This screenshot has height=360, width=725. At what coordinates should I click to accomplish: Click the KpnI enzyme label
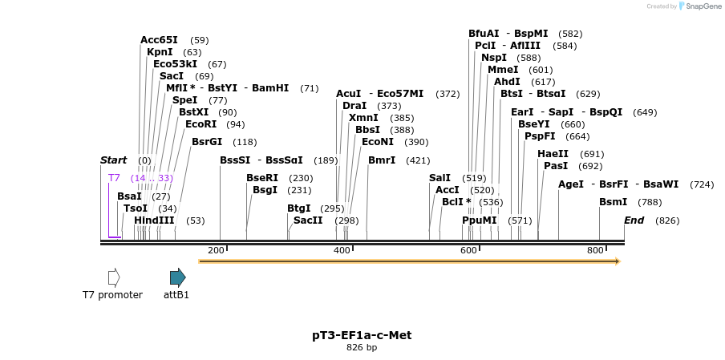click(x=160, y=52)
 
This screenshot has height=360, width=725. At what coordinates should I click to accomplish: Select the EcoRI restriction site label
click(x=200, y=124)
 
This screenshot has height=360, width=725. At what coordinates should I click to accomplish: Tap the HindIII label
click(x=153, y=220)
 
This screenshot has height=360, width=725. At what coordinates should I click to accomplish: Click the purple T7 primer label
click(x=114, y=178)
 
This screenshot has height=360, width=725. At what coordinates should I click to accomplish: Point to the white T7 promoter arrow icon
click(x=114, y=277)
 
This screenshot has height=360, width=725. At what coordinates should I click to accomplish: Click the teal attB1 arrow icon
click(x=177, y=277)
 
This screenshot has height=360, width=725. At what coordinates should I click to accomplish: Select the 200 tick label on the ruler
click(x=216, y=251)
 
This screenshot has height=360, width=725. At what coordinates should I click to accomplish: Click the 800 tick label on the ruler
click(x=595, y=251)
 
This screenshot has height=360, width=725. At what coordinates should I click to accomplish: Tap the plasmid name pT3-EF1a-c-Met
click(x=362, y=335)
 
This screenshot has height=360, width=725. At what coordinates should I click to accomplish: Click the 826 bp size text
click(x=362, y=348)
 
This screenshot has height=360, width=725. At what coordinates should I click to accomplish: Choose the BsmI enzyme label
click(x=613, y=202)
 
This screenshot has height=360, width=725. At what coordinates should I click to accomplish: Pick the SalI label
click(x=439, y=178)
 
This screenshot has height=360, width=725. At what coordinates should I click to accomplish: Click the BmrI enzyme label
click(x=382, y=160)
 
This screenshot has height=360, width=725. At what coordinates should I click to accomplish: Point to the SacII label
click(x=308, y=220)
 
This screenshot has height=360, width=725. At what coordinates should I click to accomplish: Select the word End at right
click(x=634, y=220)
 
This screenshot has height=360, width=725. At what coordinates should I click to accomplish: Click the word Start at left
click(x=113, y=160)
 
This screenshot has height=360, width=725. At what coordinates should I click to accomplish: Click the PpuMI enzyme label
click(x=479, y=220)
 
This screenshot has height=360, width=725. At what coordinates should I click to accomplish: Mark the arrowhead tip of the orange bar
click(x=619, y=261)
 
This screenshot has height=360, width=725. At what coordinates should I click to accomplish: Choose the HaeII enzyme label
click(x=553, y=154)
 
